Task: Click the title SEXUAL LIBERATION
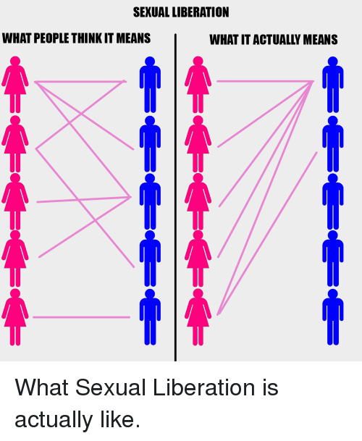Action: coord(181,12)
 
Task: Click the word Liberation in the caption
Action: coord(203,387)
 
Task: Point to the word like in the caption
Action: coord(117,419)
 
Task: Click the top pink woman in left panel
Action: coord(15,85)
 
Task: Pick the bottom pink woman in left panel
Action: coord(15,317)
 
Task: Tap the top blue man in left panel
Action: coord(150,85)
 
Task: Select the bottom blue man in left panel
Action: coord(150,317)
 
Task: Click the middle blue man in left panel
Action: coord(150,201)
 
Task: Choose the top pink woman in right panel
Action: coord(198,85)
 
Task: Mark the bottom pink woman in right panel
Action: coord(198,317)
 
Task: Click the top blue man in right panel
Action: coord(333,85)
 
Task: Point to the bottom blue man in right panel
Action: coord(333,317)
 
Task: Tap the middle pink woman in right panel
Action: coord(198,201)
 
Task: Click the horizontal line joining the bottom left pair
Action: coord(82,317)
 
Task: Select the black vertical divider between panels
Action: coord(175,198)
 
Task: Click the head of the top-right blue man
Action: coord(333,62)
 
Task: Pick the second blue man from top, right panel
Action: coord(333,143)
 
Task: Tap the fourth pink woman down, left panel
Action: coord(15,259)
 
